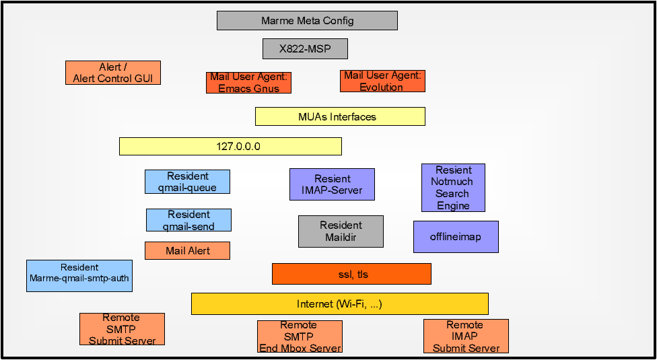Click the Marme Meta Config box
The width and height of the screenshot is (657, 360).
307,20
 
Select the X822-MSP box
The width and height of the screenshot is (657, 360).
305,49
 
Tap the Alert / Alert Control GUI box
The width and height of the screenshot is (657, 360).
113,73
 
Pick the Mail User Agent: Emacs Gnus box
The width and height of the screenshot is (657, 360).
249,83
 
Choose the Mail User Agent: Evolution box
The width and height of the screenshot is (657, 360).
382,81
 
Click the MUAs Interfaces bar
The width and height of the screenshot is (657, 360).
340,116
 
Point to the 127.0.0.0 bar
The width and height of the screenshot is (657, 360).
230,147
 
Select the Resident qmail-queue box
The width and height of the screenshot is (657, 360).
187,182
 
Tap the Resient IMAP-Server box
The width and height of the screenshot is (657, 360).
332,184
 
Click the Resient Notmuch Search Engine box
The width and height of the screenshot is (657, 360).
453,188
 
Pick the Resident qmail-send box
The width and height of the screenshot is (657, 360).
188,220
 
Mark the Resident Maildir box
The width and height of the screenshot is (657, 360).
341,231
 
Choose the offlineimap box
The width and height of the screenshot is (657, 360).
456,237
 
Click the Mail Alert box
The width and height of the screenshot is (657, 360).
187,251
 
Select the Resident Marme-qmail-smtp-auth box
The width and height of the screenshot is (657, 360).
79,276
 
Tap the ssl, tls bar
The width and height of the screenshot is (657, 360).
351,274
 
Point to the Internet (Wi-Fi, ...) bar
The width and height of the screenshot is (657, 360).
340,304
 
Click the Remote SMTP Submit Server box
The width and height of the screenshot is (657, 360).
122,329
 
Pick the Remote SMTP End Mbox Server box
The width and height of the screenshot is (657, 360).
300,336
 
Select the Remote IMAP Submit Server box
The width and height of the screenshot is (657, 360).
466,336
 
